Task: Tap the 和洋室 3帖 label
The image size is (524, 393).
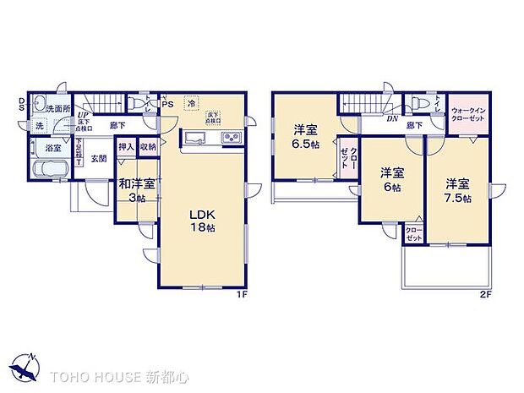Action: click(x=136, y=190)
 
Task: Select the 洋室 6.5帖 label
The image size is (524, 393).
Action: click(x=305, y=136)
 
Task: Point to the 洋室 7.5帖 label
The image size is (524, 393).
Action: click(x=457, y=190)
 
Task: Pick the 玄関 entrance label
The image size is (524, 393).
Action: click(x=99, y=157)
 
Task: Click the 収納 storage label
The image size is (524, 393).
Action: click(x=148, y=145)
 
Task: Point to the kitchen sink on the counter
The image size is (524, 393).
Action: click(x=195, y=139)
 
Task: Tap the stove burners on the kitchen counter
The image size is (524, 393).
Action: click(x=231, y=139)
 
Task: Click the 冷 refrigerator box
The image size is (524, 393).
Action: click(x=192, y=103)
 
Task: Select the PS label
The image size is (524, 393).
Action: click(x=168, y=105)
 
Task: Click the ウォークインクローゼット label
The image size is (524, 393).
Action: click(x=467, y=116)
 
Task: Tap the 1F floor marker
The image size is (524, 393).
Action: click(x=240, y=294)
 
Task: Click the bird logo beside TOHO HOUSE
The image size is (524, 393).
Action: click(x=25, y=367)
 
